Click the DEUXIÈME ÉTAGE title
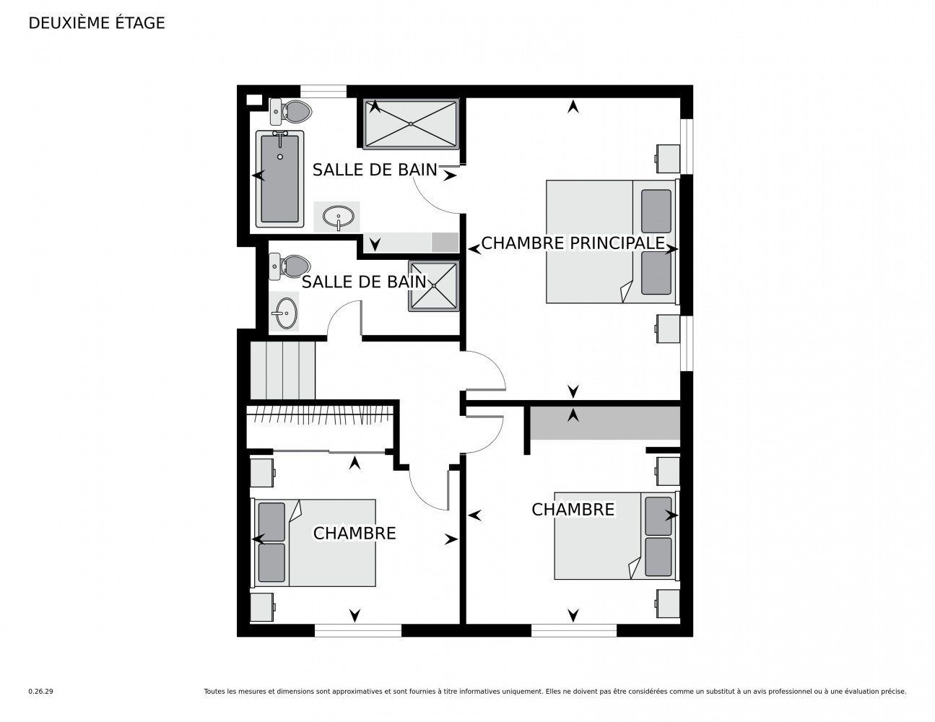click(96, 23)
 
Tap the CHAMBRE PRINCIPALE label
click(573, 243)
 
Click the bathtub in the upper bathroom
click(279, 178)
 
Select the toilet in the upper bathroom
click(290, 110)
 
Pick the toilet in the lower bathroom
click(290, 266)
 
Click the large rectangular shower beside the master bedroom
click(411, 124)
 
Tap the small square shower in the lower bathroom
click(434, 286)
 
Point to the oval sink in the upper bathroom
click(339, 217)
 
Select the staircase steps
click(283, 370)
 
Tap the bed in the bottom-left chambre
click(315, 542)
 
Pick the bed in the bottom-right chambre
click(617, 535)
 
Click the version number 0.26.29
click(41, 692)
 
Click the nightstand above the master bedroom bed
click(668, 159)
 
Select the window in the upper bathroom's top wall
click(323, 91)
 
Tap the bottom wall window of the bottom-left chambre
click(358, 630)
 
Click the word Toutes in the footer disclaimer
click(213, 692)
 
